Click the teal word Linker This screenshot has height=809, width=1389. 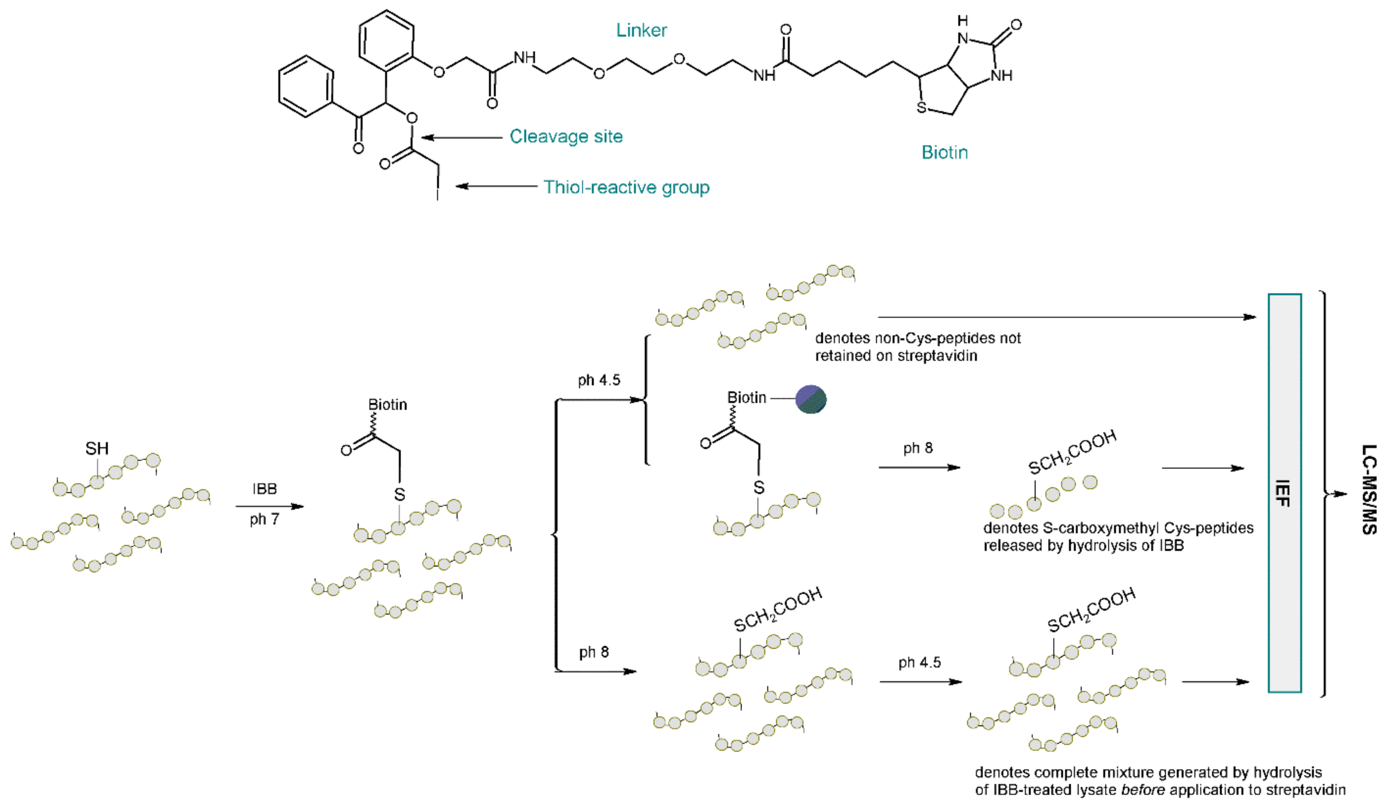(x=641, y=30)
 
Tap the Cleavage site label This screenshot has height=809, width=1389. (x=566, y=136)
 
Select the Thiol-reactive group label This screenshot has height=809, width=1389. (x=626, y=187)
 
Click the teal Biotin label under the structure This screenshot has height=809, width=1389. (x=944, y=153)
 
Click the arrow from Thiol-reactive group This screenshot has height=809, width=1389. (x=496, y=186)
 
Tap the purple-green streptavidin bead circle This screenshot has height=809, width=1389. (x=811, y=399)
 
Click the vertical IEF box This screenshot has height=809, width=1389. (x=1284, y=493)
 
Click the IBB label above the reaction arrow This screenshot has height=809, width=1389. (x=264, y=489)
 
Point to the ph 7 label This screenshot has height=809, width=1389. (x=264, y=519)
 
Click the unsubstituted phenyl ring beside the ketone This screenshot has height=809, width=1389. (x=306, y=87)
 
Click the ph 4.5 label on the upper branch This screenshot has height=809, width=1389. (x=599, y=380)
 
